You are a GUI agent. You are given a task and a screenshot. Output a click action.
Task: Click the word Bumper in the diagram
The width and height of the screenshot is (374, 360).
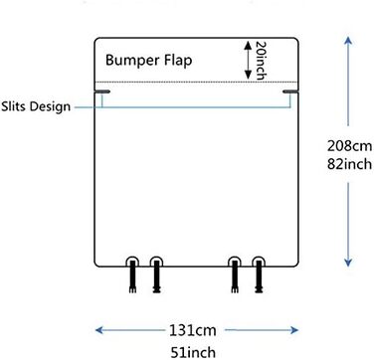pos(132,61)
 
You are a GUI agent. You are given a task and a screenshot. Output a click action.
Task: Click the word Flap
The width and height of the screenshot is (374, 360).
pos(178,60)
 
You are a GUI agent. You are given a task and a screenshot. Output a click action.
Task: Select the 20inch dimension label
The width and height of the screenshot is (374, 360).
pos(261,61)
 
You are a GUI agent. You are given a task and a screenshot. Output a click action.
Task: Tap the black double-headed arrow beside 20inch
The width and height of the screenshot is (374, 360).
pos(248,60)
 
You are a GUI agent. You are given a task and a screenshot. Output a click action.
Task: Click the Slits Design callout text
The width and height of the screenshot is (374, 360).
pos(36,106)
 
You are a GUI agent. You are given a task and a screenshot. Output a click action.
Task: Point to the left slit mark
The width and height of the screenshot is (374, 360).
pos(102,91)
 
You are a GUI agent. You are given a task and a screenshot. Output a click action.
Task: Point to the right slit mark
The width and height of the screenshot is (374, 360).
pos(290,91)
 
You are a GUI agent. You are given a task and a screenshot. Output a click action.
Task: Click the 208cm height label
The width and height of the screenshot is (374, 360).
pos(349,146)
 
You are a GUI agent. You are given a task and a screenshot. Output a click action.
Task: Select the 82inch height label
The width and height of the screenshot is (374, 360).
pos(349,164)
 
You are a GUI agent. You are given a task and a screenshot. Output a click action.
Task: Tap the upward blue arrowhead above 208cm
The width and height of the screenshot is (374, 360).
pos(348,41)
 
